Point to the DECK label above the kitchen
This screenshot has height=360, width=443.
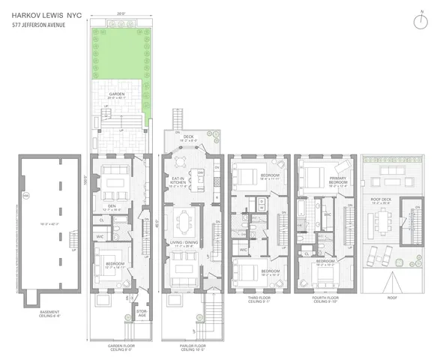pos(190,137)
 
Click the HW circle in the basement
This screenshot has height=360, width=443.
pos(25,196)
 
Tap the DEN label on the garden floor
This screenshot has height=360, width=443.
pos(110,208)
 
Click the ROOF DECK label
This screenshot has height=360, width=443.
pos(382,201)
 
